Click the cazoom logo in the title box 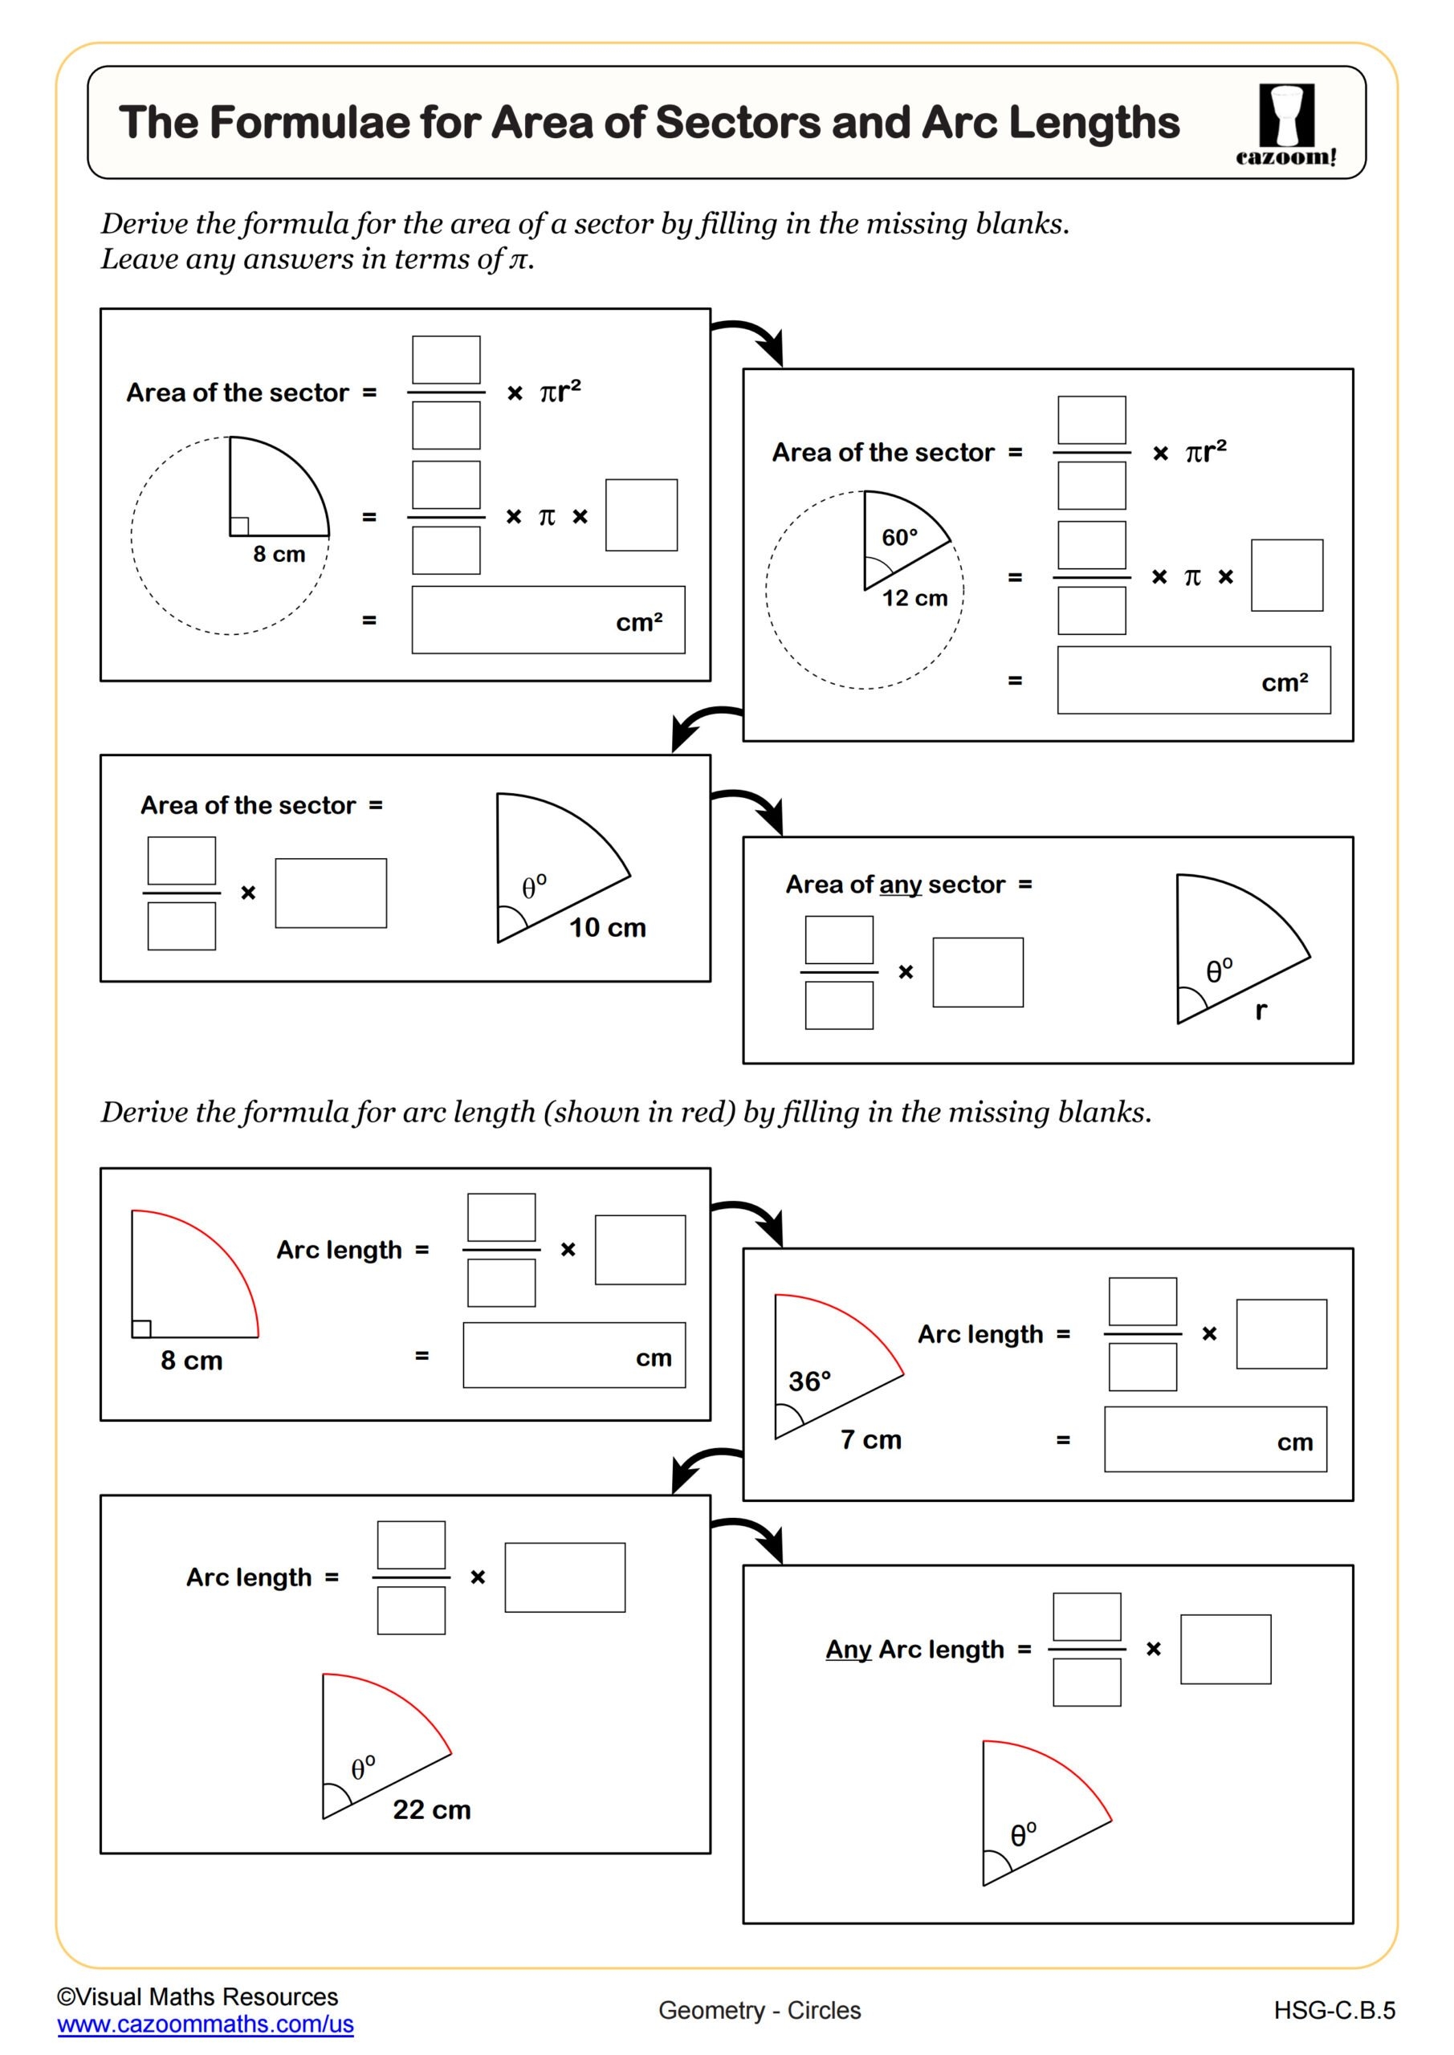(x=1285, y=124)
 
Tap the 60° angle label (x=899, y=537)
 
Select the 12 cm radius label (x=914, y=598)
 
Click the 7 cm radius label (x=870, y=1439)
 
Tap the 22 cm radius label (x=432, y=1809)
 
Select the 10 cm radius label (x=607, y=927)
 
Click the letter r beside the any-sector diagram (x=1261, y=1011)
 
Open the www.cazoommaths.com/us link (x=205, y=2024)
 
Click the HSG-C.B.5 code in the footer (x=1334, y=2010)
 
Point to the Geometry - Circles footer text (x=760, y=2010)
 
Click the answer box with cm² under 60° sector (x=1192, y=680)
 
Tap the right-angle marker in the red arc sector (x=141, y=1329)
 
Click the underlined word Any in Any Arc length (x=848, y=1649)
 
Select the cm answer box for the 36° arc (x=1215, y=1439)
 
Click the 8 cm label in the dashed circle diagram (x=279, y=554)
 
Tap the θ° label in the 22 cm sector (x=363, y=1768)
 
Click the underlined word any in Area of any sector (x=900, y=885)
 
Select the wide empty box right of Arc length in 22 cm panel (x=564, y=1577)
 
